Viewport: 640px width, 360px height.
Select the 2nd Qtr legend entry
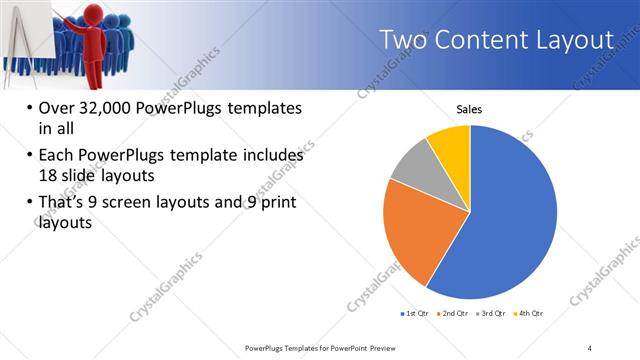point(456,314)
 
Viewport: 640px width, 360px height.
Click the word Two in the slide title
point(405,40)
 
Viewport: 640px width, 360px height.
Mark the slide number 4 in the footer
point(590,347)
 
